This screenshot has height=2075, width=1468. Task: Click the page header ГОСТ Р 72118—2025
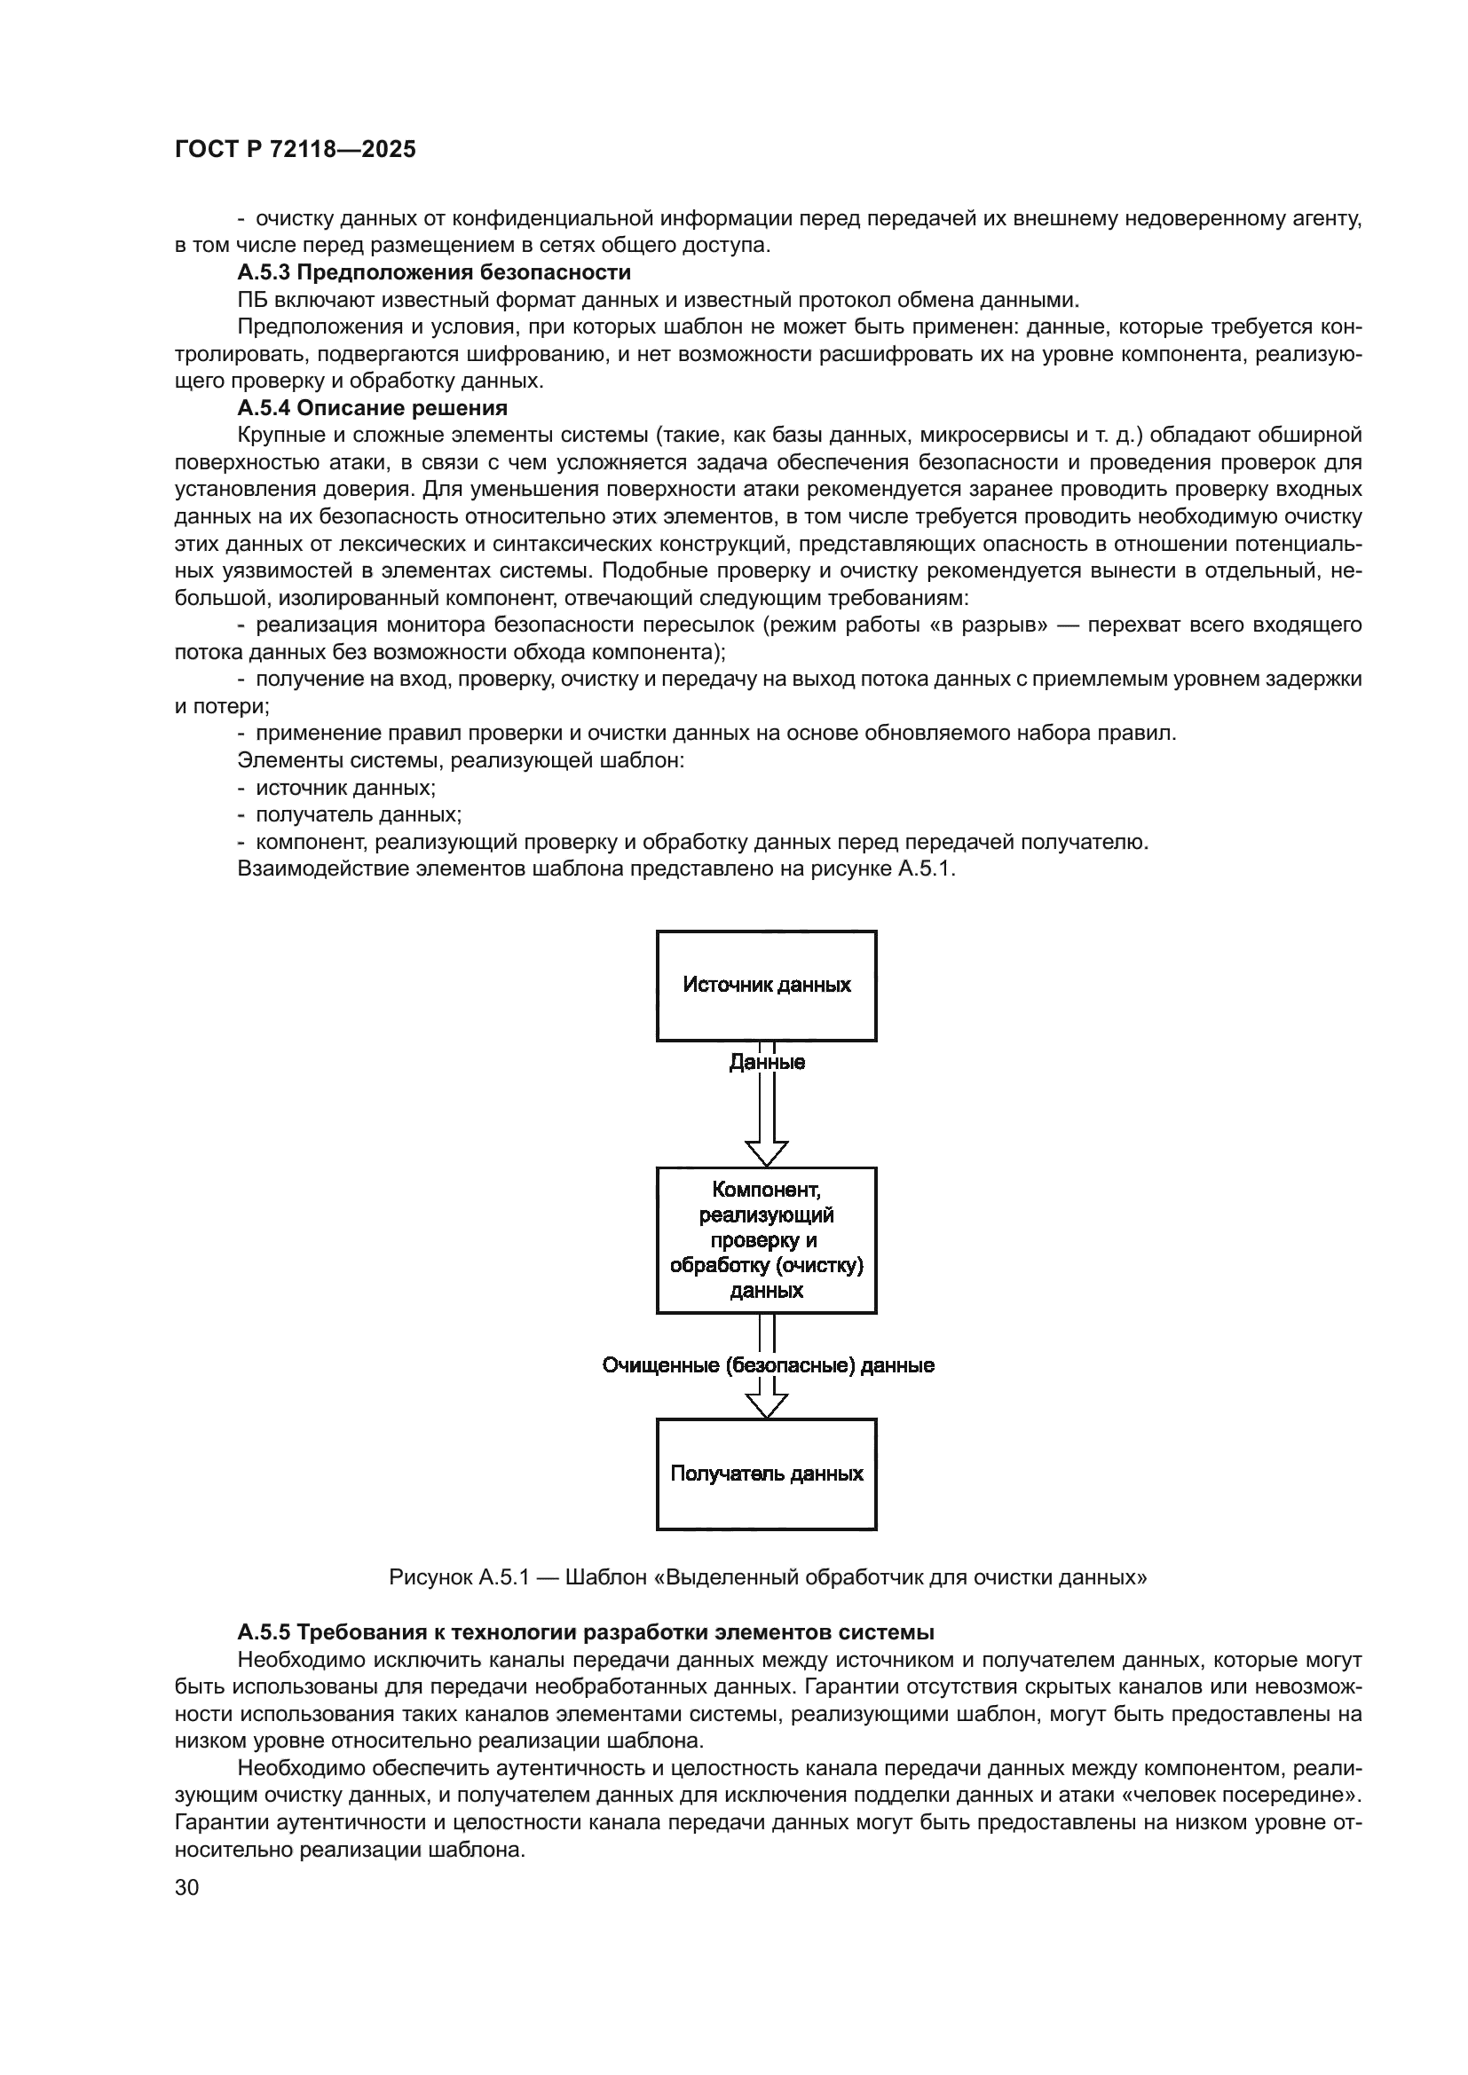tap(295, 150)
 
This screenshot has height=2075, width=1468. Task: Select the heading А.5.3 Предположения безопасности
tap(434, 272)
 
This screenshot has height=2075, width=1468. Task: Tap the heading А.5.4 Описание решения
tap(373, 407)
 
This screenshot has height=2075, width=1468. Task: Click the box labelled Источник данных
tap(767, 985)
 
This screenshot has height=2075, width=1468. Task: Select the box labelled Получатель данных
tap(767, 1474)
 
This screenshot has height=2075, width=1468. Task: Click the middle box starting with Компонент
tap(767, 1240)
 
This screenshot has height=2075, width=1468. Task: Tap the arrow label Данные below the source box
tap(767, 1063)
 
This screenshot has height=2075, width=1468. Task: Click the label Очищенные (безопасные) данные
tap(768, 1365)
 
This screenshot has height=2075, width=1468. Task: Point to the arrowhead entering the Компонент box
tap(767, 1154)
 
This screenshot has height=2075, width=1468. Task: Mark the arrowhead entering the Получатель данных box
tap(767, 1406)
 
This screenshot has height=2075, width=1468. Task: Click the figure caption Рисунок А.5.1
tap(768, 1578)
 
